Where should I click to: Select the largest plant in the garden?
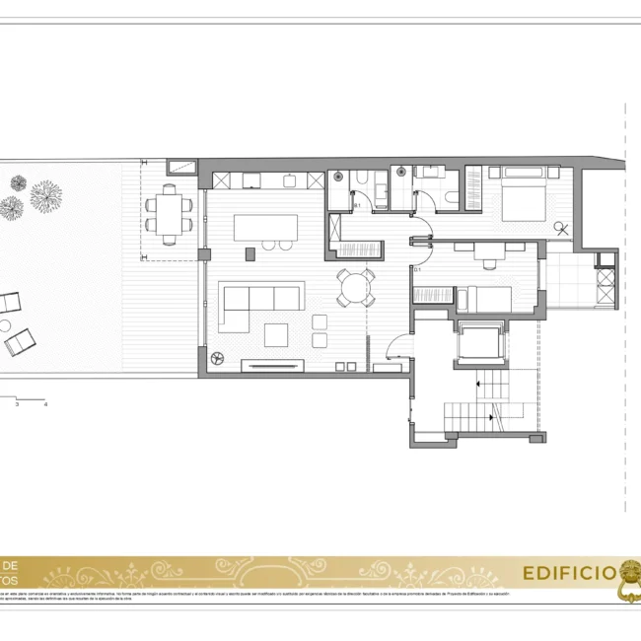click(x=45, y=196)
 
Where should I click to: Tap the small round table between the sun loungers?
click(x=5, y=324)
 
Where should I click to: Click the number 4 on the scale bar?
click(x=45, y=404)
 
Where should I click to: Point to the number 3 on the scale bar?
click(x=17, y=404)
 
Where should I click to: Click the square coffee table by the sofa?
click(x=275, y=334)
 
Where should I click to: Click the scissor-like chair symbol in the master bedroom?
click(x=561, y=230)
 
